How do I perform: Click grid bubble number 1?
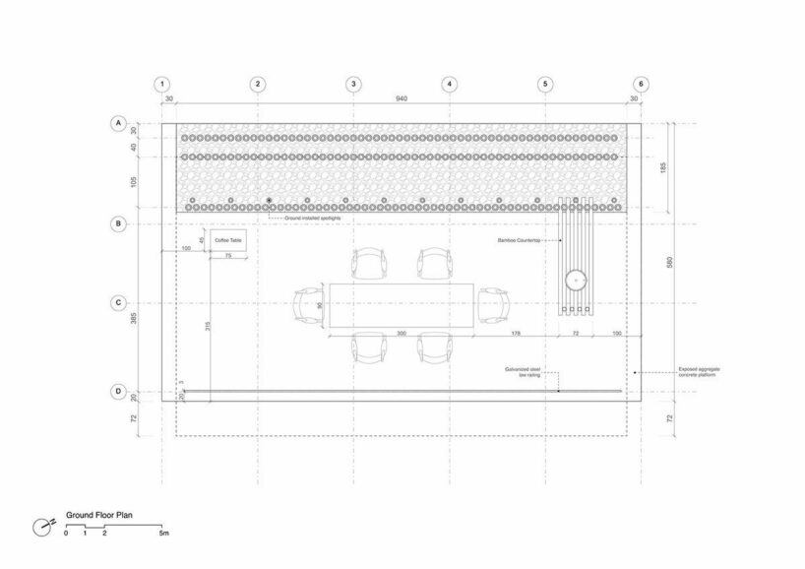coord(163,85)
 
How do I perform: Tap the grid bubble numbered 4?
coord(449,85)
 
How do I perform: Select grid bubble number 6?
coord(641,85)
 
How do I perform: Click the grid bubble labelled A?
coord(118,124)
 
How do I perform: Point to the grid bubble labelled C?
coord(118,303)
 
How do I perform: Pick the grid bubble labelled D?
coord(118,392)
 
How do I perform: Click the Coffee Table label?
coord(227,240)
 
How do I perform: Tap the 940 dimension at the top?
coord(402,99)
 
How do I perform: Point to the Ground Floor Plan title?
coord(99,514)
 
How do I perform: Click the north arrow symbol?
coord(41,526)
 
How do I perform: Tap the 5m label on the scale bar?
coord(164,533)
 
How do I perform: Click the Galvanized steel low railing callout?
coord(523,372)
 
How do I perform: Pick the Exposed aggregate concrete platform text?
coord(700,371)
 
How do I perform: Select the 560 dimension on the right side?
coord(670,266)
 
